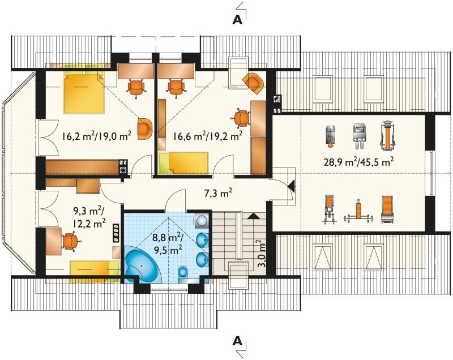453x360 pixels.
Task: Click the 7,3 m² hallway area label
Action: [219, 193]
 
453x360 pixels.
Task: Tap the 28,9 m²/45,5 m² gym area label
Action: [359, 161]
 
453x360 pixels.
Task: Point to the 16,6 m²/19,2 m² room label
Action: [208, 135]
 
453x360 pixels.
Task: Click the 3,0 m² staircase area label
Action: [261, 254]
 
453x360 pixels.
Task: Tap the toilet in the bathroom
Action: [183, 272]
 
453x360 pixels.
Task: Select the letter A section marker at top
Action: [237, 19]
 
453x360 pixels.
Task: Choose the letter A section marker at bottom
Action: [237, 341]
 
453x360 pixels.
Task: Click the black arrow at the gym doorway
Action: [291, 186]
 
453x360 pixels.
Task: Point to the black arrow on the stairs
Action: [254, 216]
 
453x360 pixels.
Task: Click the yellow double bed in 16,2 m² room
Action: [84, 93]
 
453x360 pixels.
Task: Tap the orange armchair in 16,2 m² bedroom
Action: [145, 128]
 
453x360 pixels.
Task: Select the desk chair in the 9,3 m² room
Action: [70, 242]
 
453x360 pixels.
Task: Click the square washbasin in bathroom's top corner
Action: [202, 221]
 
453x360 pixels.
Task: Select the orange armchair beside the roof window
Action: [254, 83]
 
